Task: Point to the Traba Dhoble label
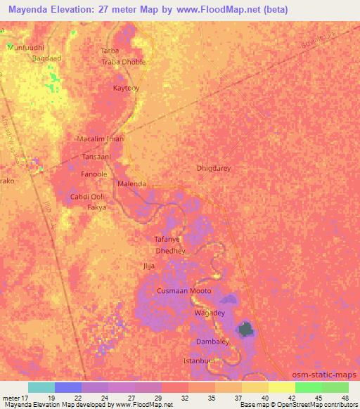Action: [x=124, y=62]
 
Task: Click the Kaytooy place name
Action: [x=127, y=88]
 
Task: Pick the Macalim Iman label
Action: [x=100, y=139]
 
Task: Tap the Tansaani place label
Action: [x=96, y=157]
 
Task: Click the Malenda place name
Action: [x=132, y=183]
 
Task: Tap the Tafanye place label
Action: [x=168, y=239]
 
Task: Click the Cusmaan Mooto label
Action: [x=184, y=290]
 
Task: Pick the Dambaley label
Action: [x=212, y=342]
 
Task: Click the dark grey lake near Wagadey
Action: [x=245, y=327]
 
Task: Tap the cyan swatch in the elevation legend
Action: [x=41, y=387]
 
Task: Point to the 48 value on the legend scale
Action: [x=345, y=397]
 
